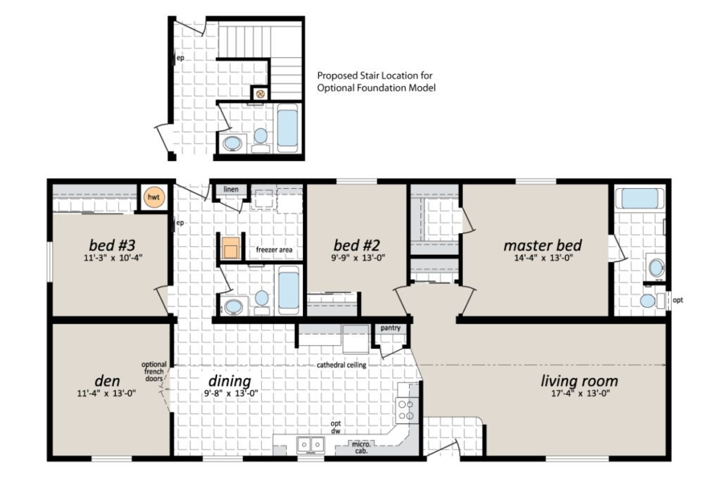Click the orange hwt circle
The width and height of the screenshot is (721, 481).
(153, 197)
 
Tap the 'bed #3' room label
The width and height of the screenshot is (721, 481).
(112, 244)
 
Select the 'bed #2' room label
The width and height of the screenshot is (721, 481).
(357, 244)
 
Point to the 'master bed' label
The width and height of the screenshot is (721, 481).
(543, 245)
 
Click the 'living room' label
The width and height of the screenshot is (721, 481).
(579, 381)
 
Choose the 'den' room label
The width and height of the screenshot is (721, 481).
(107, 381)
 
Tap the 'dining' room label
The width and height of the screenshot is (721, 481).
(230, 381)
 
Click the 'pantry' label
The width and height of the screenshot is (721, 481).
(390, 328)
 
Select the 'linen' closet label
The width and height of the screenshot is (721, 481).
(231, 189)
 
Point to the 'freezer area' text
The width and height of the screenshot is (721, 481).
(274, 250)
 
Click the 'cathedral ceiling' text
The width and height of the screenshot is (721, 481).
(341, 365)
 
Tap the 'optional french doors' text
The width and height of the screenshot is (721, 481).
(154, 372)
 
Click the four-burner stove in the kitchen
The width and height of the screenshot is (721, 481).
(407, 410)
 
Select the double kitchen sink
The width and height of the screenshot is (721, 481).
(311, 444)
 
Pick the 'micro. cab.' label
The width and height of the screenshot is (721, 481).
(361, 447)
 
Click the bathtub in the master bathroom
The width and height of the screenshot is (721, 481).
(639, 198)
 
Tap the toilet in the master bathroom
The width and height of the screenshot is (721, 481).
(651, 301)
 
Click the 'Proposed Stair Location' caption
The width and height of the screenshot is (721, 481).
(377, 82)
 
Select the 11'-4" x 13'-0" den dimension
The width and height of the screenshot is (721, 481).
(107, 393)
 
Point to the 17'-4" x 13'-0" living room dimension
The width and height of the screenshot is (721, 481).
(580, 393)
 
